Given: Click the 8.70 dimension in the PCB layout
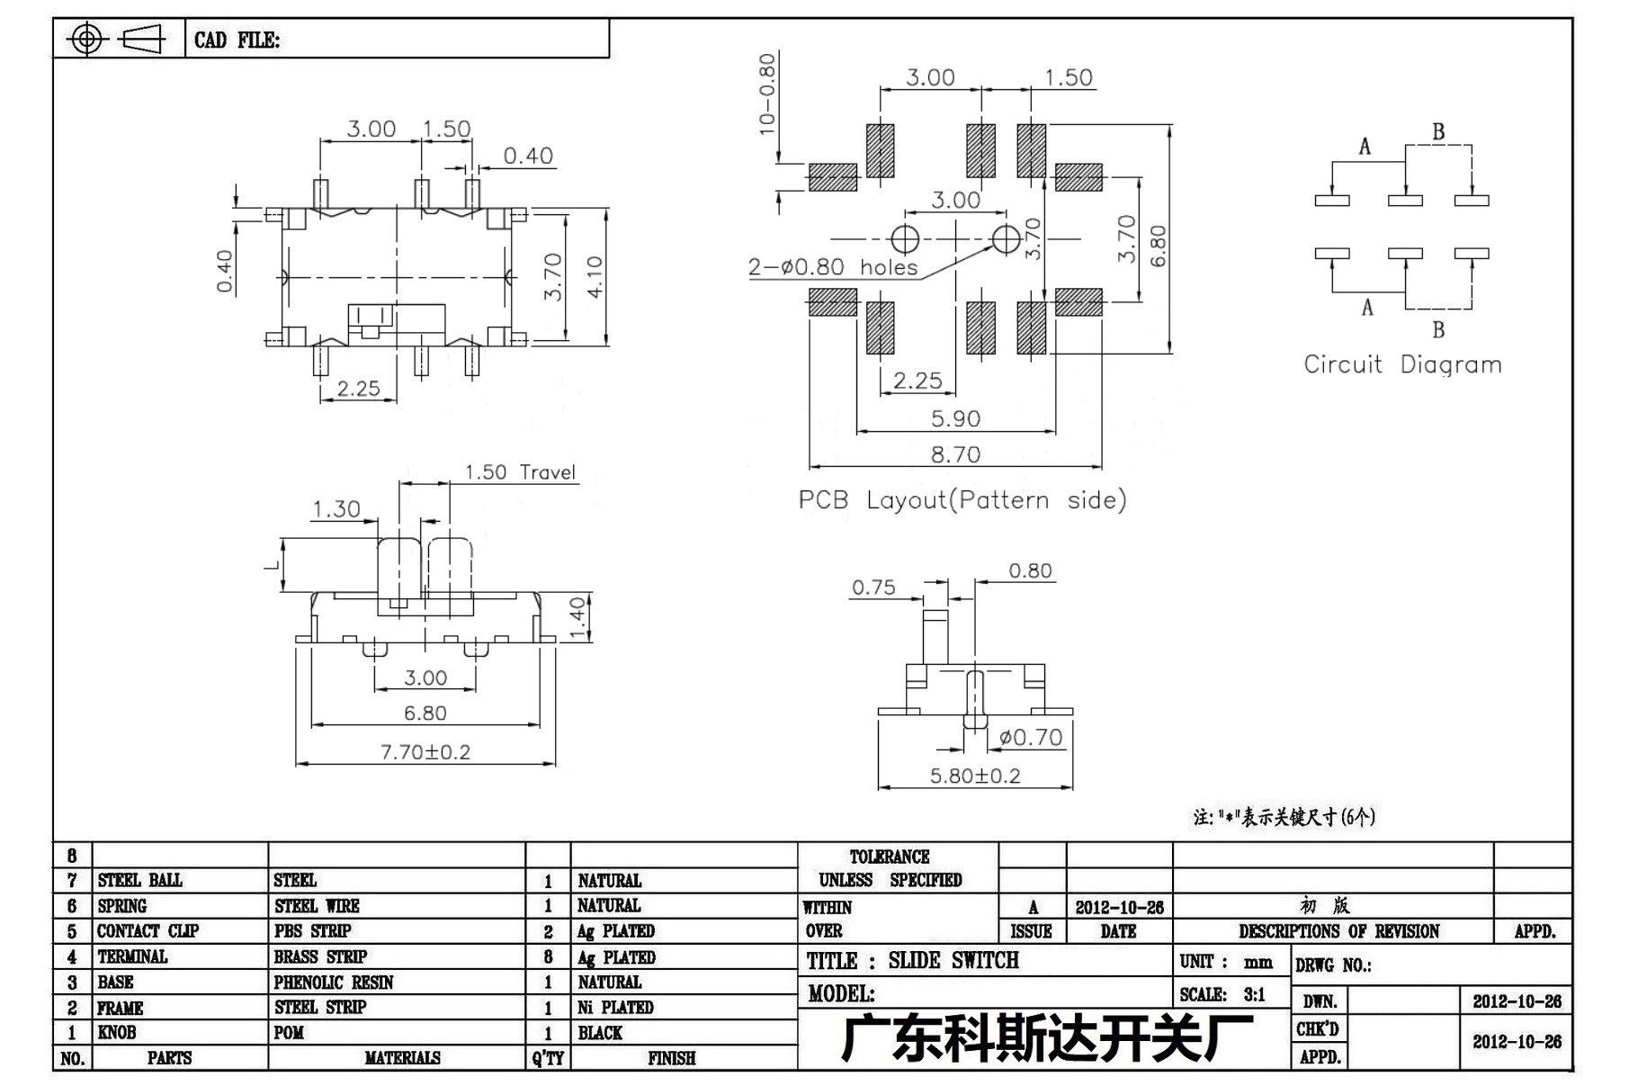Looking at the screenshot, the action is coord(954,454).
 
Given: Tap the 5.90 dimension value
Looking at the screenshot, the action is coord(954,418).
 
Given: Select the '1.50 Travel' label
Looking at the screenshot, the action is coord(519,472).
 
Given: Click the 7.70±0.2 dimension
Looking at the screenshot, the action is coord(425,752).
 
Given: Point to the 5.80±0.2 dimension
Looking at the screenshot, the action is coord(975,776).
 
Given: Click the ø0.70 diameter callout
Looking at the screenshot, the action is coord(1031,738).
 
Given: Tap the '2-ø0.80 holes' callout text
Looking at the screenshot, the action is coord(833,267).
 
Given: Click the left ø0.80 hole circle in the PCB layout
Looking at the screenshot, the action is coord(905,239).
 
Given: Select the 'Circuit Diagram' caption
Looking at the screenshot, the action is coord(1402,364).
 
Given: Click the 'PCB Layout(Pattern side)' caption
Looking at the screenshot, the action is coord(962,500).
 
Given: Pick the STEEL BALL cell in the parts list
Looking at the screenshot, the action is coord(139,880).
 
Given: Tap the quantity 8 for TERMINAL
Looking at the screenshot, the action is coord(548,957).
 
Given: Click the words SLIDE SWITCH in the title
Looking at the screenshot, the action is coord(953,961).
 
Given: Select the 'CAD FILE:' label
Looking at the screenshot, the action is coord(237,40).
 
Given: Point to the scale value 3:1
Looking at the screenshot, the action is coord(1254,994).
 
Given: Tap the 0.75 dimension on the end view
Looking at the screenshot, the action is coord(873,588).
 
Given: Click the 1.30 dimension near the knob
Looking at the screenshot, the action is coord(336,509).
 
